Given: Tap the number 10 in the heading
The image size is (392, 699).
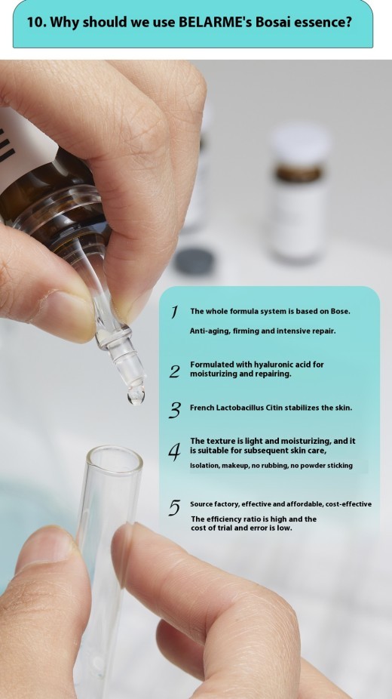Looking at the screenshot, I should click(35, 22).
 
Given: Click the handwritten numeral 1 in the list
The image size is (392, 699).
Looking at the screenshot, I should click(174, 312).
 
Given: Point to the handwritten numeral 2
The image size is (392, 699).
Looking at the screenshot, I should click(174, 371).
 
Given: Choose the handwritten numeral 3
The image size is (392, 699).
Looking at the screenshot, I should click(175, 410).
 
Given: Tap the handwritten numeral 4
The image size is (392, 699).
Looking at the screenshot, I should click(174, 451).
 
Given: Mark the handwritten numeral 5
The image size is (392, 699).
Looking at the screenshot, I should click(174, 508).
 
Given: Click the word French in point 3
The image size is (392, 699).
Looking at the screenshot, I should click(203, 408).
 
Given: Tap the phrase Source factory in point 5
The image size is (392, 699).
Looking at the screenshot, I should click(216, 503).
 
